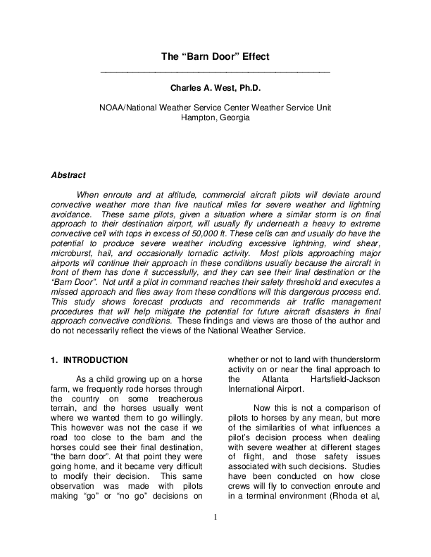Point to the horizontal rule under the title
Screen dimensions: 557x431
[216, 73]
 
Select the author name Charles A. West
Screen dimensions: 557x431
[204, 89]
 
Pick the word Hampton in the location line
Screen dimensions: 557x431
[199, 117]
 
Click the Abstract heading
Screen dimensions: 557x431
[68, 175]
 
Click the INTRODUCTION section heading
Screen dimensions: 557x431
[95, 360]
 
